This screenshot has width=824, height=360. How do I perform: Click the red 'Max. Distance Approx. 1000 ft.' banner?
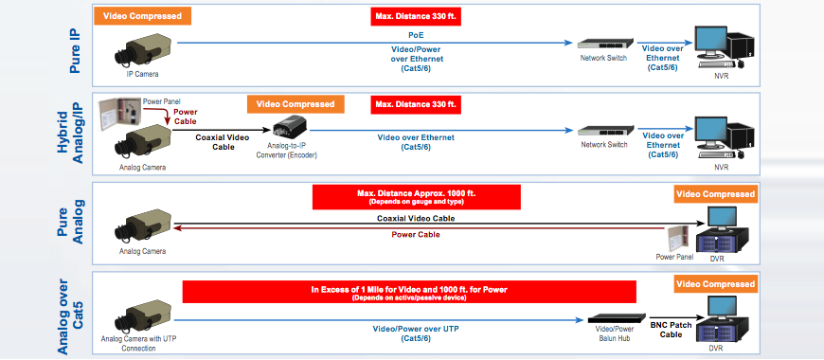[x=417, y=196]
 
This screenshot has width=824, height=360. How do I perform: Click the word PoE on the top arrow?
[x=418, y=34]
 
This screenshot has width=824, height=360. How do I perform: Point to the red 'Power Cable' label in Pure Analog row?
[x=418, y=235]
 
